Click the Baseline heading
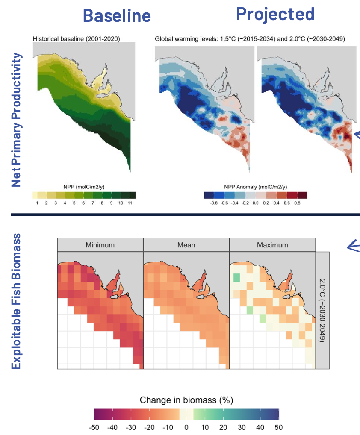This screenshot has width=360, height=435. coord(117,15)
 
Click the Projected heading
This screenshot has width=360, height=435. coord(275,15)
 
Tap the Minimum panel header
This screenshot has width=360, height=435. coord(100,245)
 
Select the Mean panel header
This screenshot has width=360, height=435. coord(186,245)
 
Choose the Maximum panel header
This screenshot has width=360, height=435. coord(272,245)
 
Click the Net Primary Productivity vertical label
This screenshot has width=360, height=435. coord(16,120)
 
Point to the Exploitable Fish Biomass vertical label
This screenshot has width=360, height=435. coord(16,301)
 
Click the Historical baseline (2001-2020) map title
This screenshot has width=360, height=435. coord(77,39)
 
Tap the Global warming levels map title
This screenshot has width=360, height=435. coord(250,39)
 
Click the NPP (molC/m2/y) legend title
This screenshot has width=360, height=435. coord(84,187)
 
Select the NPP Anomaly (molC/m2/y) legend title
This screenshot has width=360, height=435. coord(255,187)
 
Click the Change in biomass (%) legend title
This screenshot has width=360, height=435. coord(186,400)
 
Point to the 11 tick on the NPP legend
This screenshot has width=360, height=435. coord(130,203)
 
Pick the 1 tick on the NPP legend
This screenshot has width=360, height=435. coord(37,203)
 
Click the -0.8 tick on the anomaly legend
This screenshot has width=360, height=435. coord(214,203)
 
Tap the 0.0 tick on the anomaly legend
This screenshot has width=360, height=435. coord(255,203)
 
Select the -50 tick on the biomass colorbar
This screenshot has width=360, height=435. coord(94,427)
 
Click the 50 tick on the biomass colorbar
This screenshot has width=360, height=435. coord(279,427)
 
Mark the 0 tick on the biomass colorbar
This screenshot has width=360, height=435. coord(186,427)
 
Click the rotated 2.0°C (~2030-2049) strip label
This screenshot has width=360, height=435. coord(322,310)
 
